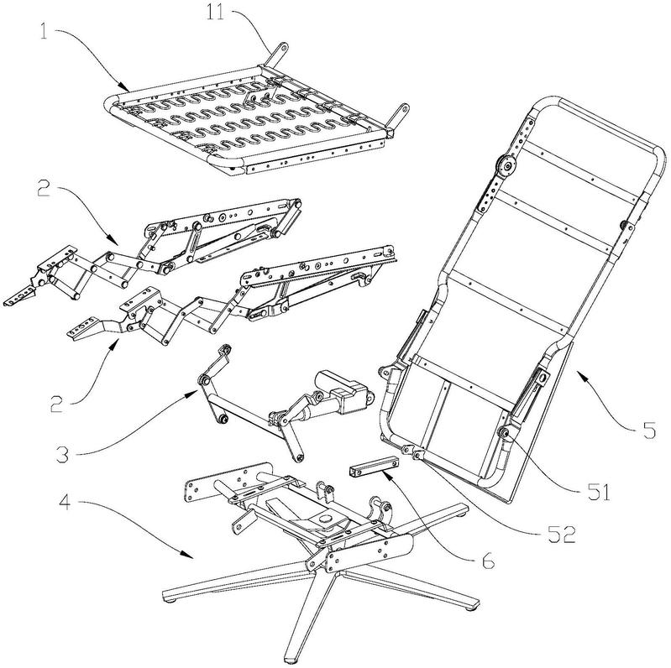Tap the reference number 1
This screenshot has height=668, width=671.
(44, 32)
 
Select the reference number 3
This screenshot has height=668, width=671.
(63, 455)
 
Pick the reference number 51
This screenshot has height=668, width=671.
(599, 493)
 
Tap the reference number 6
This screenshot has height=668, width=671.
(488, 561)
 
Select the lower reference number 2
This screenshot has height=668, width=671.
(56, 404)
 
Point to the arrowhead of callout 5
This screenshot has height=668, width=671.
(580, 375)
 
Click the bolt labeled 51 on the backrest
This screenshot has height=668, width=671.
(504, 434)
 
